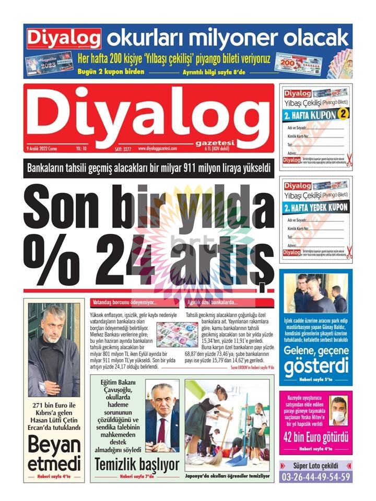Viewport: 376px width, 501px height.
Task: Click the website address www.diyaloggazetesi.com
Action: (x=157, y=149)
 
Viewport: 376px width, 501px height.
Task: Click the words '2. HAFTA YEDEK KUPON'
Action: (x=316, y=207)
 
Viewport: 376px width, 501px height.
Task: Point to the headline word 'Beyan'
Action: (x=54, y=445)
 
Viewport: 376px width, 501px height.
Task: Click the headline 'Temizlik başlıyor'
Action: (x=137, y=464)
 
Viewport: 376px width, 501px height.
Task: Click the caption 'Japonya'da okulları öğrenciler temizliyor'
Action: (x=228, y=476)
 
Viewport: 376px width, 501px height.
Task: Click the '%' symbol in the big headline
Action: (x=51, y=250)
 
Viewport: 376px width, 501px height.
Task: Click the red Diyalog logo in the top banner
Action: (x=64, y=39)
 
